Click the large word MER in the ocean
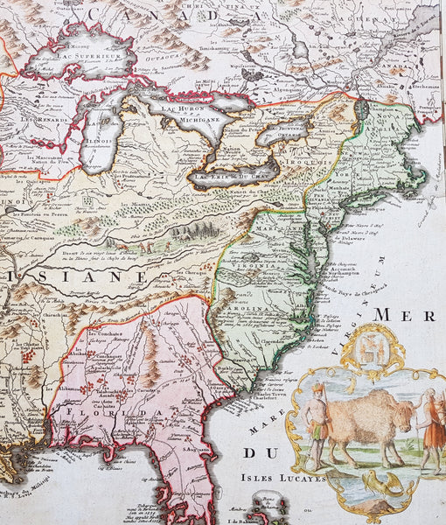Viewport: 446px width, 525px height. [407, 313]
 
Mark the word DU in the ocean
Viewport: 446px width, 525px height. [259, 453]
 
